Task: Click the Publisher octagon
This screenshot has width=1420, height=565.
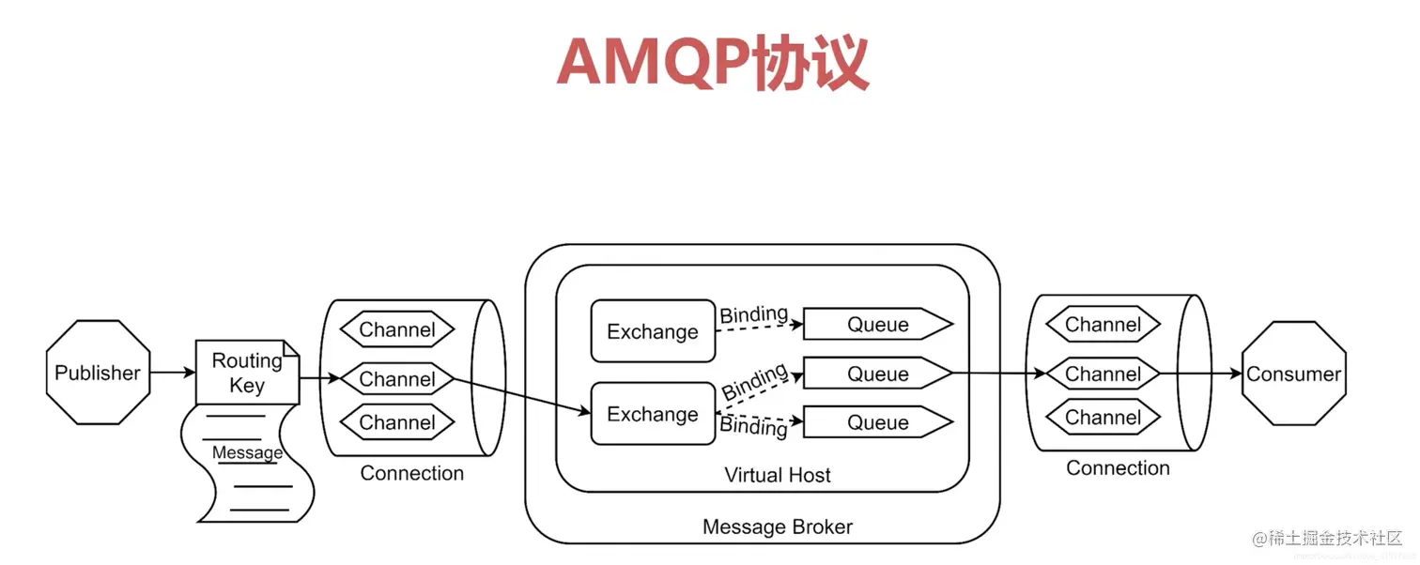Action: [98, 373]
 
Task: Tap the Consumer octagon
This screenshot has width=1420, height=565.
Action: [1293, 374]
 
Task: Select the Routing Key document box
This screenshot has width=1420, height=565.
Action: [247, 373]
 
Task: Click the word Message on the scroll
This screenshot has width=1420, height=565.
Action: [247, 453]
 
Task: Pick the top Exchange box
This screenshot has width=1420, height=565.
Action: [653, 331]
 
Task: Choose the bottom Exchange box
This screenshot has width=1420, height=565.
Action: [653, 414]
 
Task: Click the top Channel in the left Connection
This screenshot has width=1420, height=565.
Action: [396, 329]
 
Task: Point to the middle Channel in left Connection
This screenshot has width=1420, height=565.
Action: [396, 379]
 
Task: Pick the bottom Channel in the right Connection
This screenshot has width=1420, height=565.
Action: [1103, 418]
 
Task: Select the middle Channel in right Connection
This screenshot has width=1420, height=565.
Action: [1103, 374]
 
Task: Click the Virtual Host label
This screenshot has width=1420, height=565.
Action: [777, 475]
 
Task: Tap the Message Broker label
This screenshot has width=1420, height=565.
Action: [777, 527]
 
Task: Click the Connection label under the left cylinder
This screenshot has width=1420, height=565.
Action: [411, 473]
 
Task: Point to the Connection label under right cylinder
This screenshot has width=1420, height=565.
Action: [1118, 467]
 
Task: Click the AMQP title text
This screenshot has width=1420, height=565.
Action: [712, 65]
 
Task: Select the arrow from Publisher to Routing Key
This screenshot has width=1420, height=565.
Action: [172, 373]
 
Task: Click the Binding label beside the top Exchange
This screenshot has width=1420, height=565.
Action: [753, 315]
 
